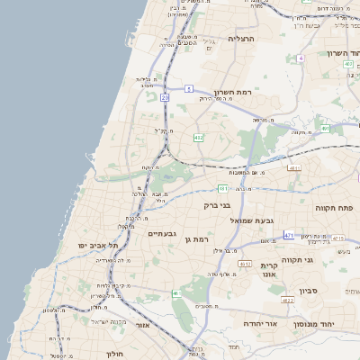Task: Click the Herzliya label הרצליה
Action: (x=243, y=40)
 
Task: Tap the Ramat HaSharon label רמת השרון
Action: (x=237, y=93)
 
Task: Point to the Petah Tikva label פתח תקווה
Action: (x=334, y=207)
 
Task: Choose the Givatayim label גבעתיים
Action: (x=159, y=233)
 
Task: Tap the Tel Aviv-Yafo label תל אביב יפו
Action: (x=95, y=245)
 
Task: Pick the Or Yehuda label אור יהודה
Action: (x=265, y=322)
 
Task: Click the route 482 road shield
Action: (x=198, y=138)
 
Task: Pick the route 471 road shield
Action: (x=288, y=235)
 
